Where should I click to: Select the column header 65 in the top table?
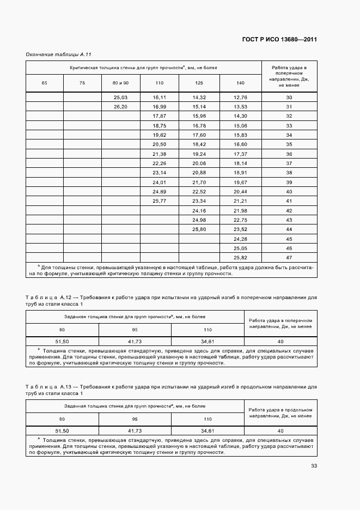tap(44, 83)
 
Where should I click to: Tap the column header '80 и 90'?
tap(120, 83)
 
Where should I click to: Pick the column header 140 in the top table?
tap(240, 83)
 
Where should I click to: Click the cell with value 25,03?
tap(120, 97)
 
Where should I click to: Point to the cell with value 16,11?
tap(160, 97)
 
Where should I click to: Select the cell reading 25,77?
tap(160, 201)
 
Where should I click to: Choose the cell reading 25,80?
tap(199, 229)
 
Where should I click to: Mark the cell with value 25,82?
tap(240, 257)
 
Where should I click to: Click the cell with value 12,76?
tap(240, 97)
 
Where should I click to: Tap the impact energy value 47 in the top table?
tap(289, 257)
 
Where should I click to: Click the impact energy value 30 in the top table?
tap(289, 97)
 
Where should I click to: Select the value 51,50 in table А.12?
tap(62, 341)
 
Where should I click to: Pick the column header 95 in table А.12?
tap(135, 330)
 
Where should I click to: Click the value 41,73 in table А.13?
tap(135, 430)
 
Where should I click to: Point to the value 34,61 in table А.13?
tap(208, 430)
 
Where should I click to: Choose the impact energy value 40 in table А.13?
tap(280, 430)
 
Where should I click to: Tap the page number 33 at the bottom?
tap(314, 466)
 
